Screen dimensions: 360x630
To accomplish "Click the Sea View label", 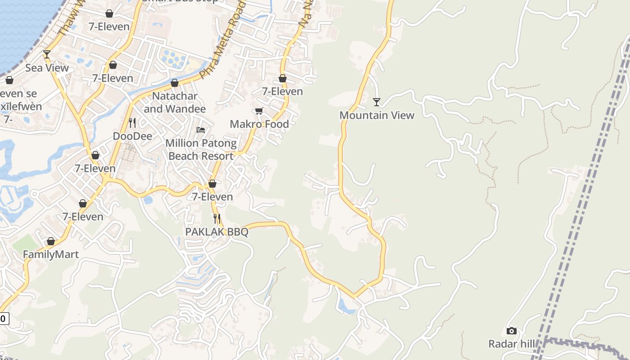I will coord(47,68).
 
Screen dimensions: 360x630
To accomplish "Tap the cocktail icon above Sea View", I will coord(46,54).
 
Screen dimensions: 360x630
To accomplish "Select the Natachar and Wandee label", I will coord(175,103).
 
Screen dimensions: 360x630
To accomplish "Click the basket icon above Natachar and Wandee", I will coord(175,83).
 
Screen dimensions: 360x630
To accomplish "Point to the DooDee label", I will coord(132,136).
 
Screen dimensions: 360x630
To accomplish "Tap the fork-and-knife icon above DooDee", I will coord(132,122).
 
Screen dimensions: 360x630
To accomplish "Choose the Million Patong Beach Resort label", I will coord(201,149).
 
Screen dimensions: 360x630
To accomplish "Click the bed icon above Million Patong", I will coord(201,130).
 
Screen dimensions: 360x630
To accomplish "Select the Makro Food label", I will coord(259,124).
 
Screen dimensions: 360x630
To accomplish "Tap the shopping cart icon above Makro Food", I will coord(259,111).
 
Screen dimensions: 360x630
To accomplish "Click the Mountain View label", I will coord(377,115).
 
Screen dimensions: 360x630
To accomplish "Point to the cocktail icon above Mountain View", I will coord(377,102).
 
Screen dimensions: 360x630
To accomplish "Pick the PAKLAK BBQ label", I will coord(217,232).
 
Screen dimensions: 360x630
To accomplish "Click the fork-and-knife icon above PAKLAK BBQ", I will coord(217,219).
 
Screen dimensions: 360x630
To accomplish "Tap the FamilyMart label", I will coord(51,254).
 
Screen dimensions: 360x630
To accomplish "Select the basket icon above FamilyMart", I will coord(51,241).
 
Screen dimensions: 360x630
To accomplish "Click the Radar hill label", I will coord(512,344).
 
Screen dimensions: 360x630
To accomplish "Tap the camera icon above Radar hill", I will coord(511,331).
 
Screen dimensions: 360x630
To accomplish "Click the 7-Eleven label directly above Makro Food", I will coord(283,91).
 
